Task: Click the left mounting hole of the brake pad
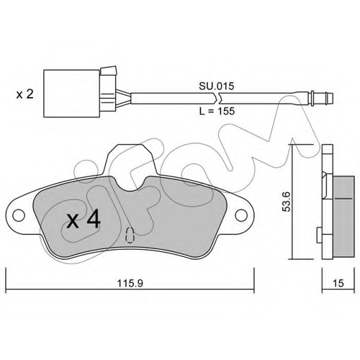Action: (19, 215)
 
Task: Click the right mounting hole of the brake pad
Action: (241, 215)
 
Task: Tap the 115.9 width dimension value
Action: (130, 284)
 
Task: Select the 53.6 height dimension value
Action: (286, 202)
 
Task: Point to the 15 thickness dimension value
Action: (338, 283)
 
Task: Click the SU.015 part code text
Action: (216, 86)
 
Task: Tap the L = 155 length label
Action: (217, 111)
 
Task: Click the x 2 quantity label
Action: (24, 94)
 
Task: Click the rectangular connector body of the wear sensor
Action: (71, 94)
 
